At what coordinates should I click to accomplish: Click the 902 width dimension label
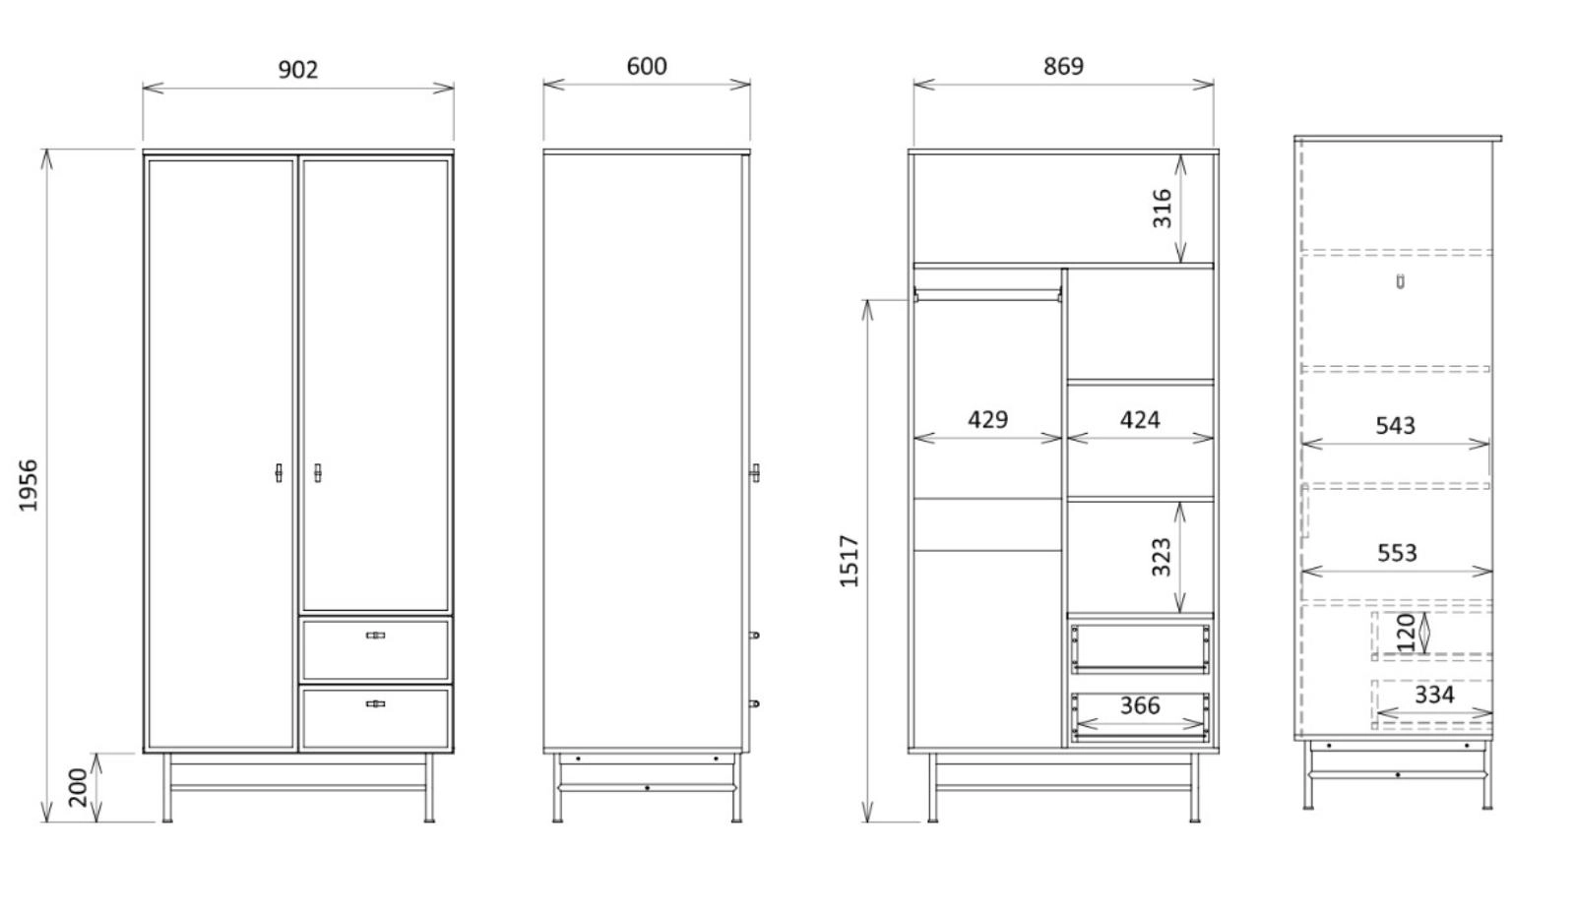(298, 70)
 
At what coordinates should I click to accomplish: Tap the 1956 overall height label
(29, 485)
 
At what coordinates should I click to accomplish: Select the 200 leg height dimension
(78, 787)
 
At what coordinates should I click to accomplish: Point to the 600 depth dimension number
(647, 66)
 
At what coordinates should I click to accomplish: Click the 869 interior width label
(1063, 66)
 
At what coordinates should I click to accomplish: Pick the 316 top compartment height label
(1163, 208)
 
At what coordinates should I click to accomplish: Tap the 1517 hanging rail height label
(850, 562)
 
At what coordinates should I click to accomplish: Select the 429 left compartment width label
(988, 419)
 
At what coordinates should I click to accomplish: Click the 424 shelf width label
(1140, 420)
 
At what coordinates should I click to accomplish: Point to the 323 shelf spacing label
(1162, 557)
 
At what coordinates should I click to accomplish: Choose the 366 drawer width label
(1140, 705)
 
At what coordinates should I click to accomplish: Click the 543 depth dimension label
(1395, 425)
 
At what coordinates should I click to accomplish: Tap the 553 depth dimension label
(1397, 553)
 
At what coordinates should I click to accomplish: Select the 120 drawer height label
(1406, 633)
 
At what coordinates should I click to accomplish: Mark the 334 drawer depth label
(1434, 695)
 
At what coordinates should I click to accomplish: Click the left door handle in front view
(279, 473)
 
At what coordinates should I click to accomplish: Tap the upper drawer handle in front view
(375, 636)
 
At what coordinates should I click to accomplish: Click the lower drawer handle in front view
(375, 704)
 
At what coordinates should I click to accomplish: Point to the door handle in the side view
(754, 473)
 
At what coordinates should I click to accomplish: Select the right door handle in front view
(317, 473)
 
